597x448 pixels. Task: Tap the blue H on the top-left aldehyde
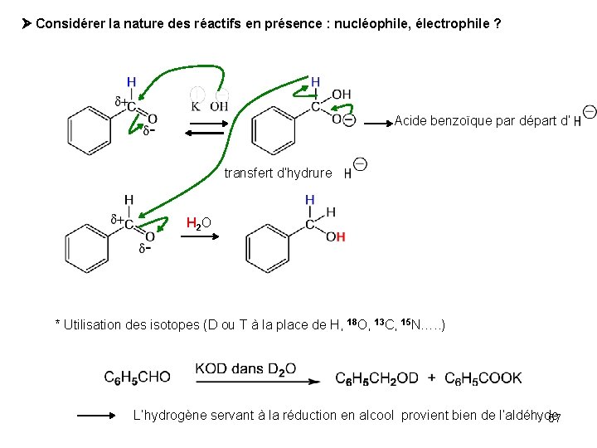131,82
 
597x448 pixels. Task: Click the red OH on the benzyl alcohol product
335,237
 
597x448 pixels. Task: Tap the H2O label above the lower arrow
199,223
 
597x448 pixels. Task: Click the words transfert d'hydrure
278,173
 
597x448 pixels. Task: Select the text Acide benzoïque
437,121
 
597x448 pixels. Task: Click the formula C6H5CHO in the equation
137,378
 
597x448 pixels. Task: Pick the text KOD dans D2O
245,368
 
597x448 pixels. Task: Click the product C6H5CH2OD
377,378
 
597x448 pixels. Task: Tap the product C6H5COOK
483,378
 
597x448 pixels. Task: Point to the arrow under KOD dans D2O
257,382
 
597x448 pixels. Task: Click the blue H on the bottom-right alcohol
309,200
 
